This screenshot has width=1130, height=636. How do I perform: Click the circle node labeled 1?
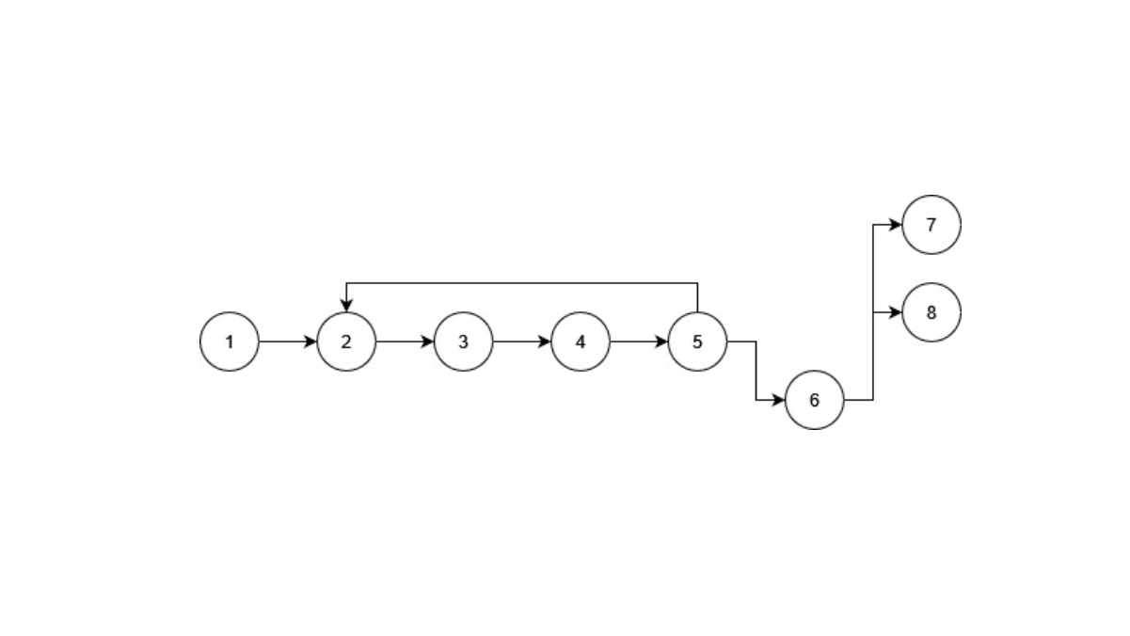230,342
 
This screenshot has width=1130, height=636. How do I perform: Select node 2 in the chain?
346,342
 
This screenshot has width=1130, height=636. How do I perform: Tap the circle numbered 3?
464,342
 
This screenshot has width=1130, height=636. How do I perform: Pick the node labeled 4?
581,342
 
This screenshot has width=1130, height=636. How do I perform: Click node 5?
698,342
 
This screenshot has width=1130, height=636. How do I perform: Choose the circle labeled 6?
815,401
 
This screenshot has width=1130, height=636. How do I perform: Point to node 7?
931,225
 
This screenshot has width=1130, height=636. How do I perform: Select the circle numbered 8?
931,312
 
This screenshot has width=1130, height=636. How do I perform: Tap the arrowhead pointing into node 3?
427,342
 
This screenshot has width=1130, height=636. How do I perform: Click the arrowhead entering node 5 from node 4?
661,342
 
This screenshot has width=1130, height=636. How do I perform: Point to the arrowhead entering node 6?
778,401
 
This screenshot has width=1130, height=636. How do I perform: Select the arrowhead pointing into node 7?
896,225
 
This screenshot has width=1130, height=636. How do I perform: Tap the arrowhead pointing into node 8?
896,312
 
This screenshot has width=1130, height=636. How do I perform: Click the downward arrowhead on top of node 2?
346,306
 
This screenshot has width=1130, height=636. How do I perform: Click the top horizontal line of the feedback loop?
522,283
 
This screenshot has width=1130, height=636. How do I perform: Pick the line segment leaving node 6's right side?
859,401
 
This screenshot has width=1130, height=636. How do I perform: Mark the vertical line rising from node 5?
698,297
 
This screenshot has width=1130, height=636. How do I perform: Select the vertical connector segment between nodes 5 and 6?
756,372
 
